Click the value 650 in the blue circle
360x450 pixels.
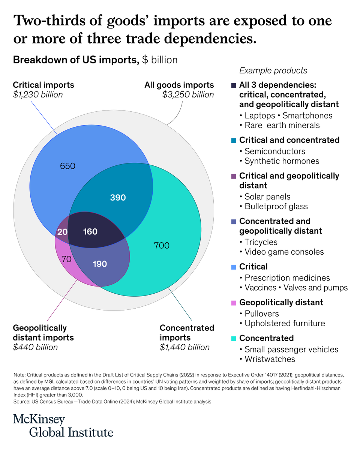[67, 165]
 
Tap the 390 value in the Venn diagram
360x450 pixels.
[118, 198]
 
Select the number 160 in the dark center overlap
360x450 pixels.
[90, 232]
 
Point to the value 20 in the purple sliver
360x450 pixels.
[63, 232]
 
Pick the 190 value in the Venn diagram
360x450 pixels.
[99, 264]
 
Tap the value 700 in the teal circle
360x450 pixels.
[162, 246]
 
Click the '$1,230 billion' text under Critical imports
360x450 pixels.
[38, 94]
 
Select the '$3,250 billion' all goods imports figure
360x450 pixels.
[188, 94]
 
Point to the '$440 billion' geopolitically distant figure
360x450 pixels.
[36, 347]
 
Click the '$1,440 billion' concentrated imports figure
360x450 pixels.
[184, 347]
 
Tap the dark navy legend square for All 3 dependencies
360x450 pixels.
[234, 85]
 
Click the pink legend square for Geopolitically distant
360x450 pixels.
[234, 302]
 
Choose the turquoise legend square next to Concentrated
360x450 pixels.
[234, 338]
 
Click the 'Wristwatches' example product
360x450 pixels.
[270, 359]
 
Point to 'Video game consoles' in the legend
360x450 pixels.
[284, 252]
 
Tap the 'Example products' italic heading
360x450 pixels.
[273, 70]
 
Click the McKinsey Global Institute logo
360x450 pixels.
[63, 425]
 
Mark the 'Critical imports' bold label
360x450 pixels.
[43, 85]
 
